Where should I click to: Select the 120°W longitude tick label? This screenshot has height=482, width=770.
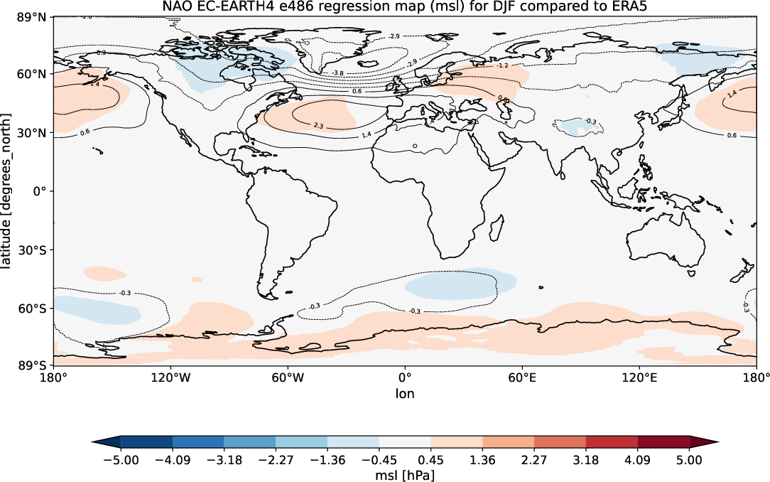[171, 377]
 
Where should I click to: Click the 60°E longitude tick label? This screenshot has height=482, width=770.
[521, 377]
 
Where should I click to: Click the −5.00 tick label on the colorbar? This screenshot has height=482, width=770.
[121, 460]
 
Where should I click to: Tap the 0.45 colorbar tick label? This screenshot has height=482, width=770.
[431, 460]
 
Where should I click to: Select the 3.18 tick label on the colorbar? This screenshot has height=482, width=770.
[586, 460]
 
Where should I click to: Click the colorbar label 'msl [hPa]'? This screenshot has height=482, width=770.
[405, 474]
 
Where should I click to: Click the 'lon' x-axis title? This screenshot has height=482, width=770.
[405, 392]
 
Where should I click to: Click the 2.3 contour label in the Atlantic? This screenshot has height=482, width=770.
[318, 126]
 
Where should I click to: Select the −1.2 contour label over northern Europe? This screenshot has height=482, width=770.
[502, 65]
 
